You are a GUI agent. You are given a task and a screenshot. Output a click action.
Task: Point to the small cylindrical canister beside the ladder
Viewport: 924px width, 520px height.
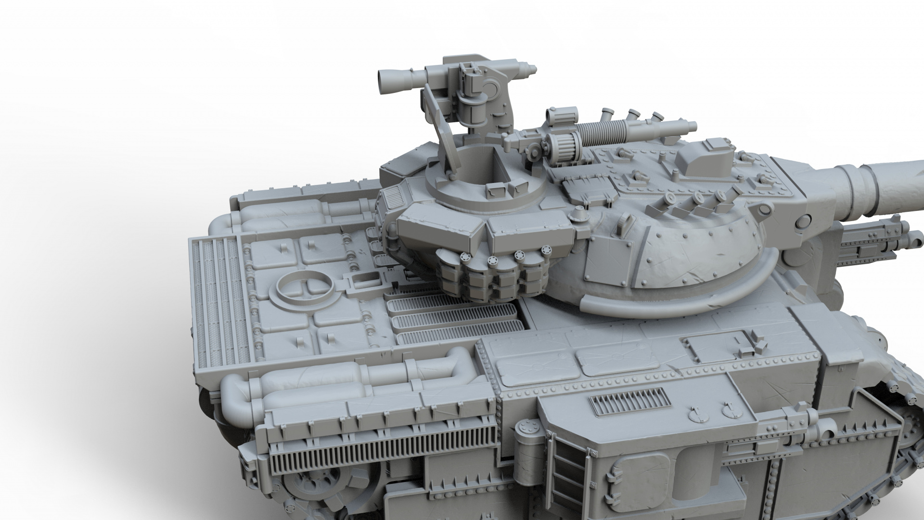pos(526,435)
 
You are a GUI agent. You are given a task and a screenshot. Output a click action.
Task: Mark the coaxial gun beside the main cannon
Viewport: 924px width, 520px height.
pos(876,246)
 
